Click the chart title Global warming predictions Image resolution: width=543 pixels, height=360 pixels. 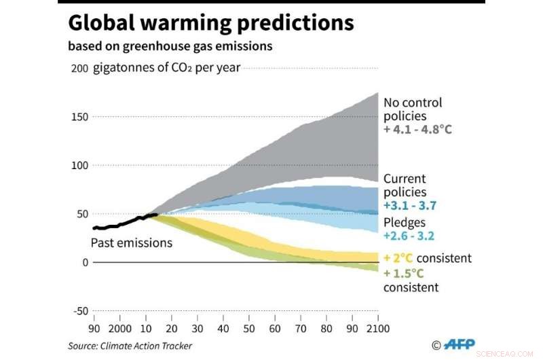pyautogui.click(x=210, y=24)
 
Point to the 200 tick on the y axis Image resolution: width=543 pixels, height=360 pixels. pyautogui.click(x=79, y=69)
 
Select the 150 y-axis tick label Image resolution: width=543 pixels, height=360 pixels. pyautogui.click(x=79, y=117)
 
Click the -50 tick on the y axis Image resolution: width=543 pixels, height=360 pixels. pyautogui.click(x=79, y=311)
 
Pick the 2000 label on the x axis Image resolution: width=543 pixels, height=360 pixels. pyautogui.click(x=119, y=328)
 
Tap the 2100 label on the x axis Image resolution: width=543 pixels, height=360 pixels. pyautogui.click(x=377, y=328)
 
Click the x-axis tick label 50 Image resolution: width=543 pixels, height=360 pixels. pyautogui.click(x=248, y=328)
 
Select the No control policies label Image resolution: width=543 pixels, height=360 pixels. pyautogui.click(x=413, y=109)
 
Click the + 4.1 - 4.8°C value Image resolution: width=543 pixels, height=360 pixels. pyautogui.click(x=417, y=128)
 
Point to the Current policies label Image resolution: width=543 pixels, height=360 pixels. pyautogui.click(x=405, y=185)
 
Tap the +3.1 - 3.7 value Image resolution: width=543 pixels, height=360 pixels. pyautogui.click(x=409, y=204)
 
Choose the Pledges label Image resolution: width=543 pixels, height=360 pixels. pyautogui.click(x=405, y=222)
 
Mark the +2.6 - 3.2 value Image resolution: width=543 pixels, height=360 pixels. pyautogui.click(x=409, y=236)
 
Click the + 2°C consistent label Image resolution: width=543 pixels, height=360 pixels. pyautogui.click(x=427, y=258)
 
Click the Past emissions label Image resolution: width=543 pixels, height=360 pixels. pyautogui.click(x=132, y=242)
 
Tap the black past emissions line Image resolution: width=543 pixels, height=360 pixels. pyautogui.click(x=122, y=223)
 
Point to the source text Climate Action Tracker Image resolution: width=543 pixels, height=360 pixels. pyautogui.click(x=130, y=346)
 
